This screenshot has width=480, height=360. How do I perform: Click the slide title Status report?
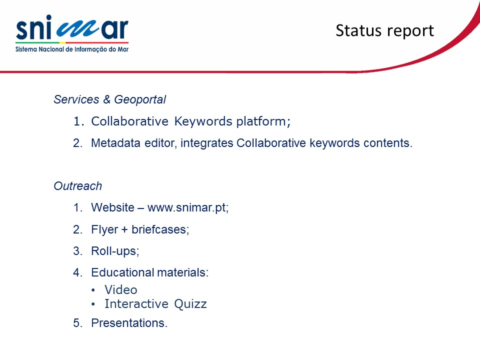pyautogui.click(x=385, y=30)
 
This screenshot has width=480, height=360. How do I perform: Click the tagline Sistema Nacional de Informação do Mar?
pyautogui.click(x=72, y=49)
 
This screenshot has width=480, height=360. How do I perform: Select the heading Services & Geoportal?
pyautogui.click(x=109, y=99)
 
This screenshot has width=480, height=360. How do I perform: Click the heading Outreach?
pyautogui.click(x=78, y=186)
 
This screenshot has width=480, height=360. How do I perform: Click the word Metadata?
pyautogui.click(x=115, y=143)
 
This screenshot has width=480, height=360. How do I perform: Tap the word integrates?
pyautogui.click(x=206, y=143)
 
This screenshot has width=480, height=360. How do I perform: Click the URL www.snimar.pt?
pyautogui.click(x=187, y=207)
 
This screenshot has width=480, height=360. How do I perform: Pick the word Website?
pyautogui.click(x=112, y=207)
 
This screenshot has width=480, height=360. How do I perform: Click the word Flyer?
pyautogui.click(x=104, y=229)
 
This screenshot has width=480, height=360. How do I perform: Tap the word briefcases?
pyautogui.click(x=160, y=229)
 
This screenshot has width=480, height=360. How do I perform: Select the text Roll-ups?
pyautogui.click(x=115, y=251)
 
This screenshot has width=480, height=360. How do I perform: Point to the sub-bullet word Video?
pyautogui.click(x=120, y=289)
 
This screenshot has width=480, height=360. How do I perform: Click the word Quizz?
pyautogui.click(x=190, y=303)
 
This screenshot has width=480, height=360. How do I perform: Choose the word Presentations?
pyautogui.click(x=129, y=323)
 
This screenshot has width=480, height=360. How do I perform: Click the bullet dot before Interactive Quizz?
pyautogui.click(x=93, y=304)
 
